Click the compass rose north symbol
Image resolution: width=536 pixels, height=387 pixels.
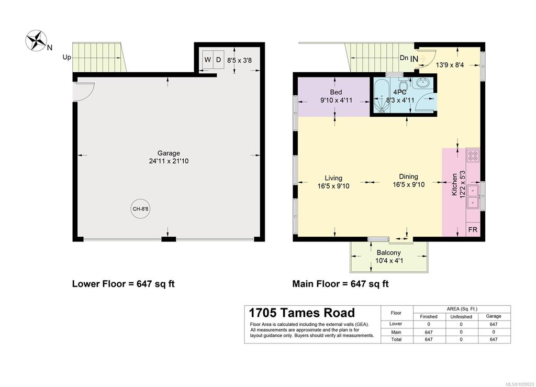click(x=36, y=40)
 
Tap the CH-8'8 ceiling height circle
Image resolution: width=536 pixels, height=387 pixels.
click(x=140, y=208)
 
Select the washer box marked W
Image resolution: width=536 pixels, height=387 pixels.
click(x=207, y=60)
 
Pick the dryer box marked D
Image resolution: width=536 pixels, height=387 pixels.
click(x=219, y=60)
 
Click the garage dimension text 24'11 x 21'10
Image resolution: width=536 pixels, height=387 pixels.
click(x=169, y=161)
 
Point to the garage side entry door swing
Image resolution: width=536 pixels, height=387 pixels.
click(x=85, y=92)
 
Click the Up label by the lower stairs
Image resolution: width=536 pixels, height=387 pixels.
click(x=66, y=57)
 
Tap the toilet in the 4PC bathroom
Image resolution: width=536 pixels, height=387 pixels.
click(x=402, y=83)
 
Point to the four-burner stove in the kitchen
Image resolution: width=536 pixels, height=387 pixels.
click(x=473, y=156)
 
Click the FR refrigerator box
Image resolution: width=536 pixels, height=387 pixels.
click(x=473, y=229)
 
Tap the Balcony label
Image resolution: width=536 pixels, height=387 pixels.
click(x=389, y=252)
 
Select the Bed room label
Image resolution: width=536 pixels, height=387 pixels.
click(x=336, y=92)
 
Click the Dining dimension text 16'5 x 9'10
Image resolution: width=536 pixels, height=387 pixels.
click(x=408, y=185)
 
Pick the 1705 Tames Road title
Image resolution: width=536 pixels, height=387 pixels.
click(x=302, y=313)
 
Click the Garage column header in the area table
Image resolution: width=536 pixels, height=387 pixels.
click(x=494, y=316)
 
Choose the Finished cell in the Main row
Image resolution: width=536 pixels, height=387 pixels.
click(x=429, y=332)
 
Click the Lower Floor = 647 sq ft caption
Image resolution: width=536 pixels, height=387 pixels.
click(x=124, y=284)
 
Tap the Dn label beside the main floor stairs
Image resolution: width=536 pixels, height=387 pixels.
click(x=404, y=58)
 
